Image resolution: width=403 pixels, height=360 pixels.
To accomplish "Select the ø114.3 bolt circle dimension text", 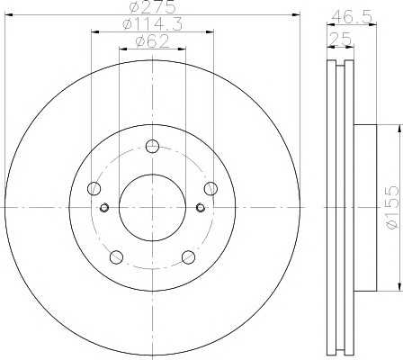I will click(152, 24).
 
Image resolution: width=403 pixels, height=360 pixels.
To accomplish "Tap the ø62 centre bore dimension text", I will click(152, 40).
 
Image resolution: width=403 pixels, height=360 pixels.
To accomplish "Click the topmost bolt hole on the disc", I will click(152, 147).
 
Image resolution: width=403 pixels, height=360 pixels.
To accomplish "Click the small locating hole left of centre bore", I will click(105, 209).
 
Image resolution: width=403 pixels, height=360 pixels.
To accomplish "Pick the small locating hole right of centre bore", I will click(200, 209).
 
